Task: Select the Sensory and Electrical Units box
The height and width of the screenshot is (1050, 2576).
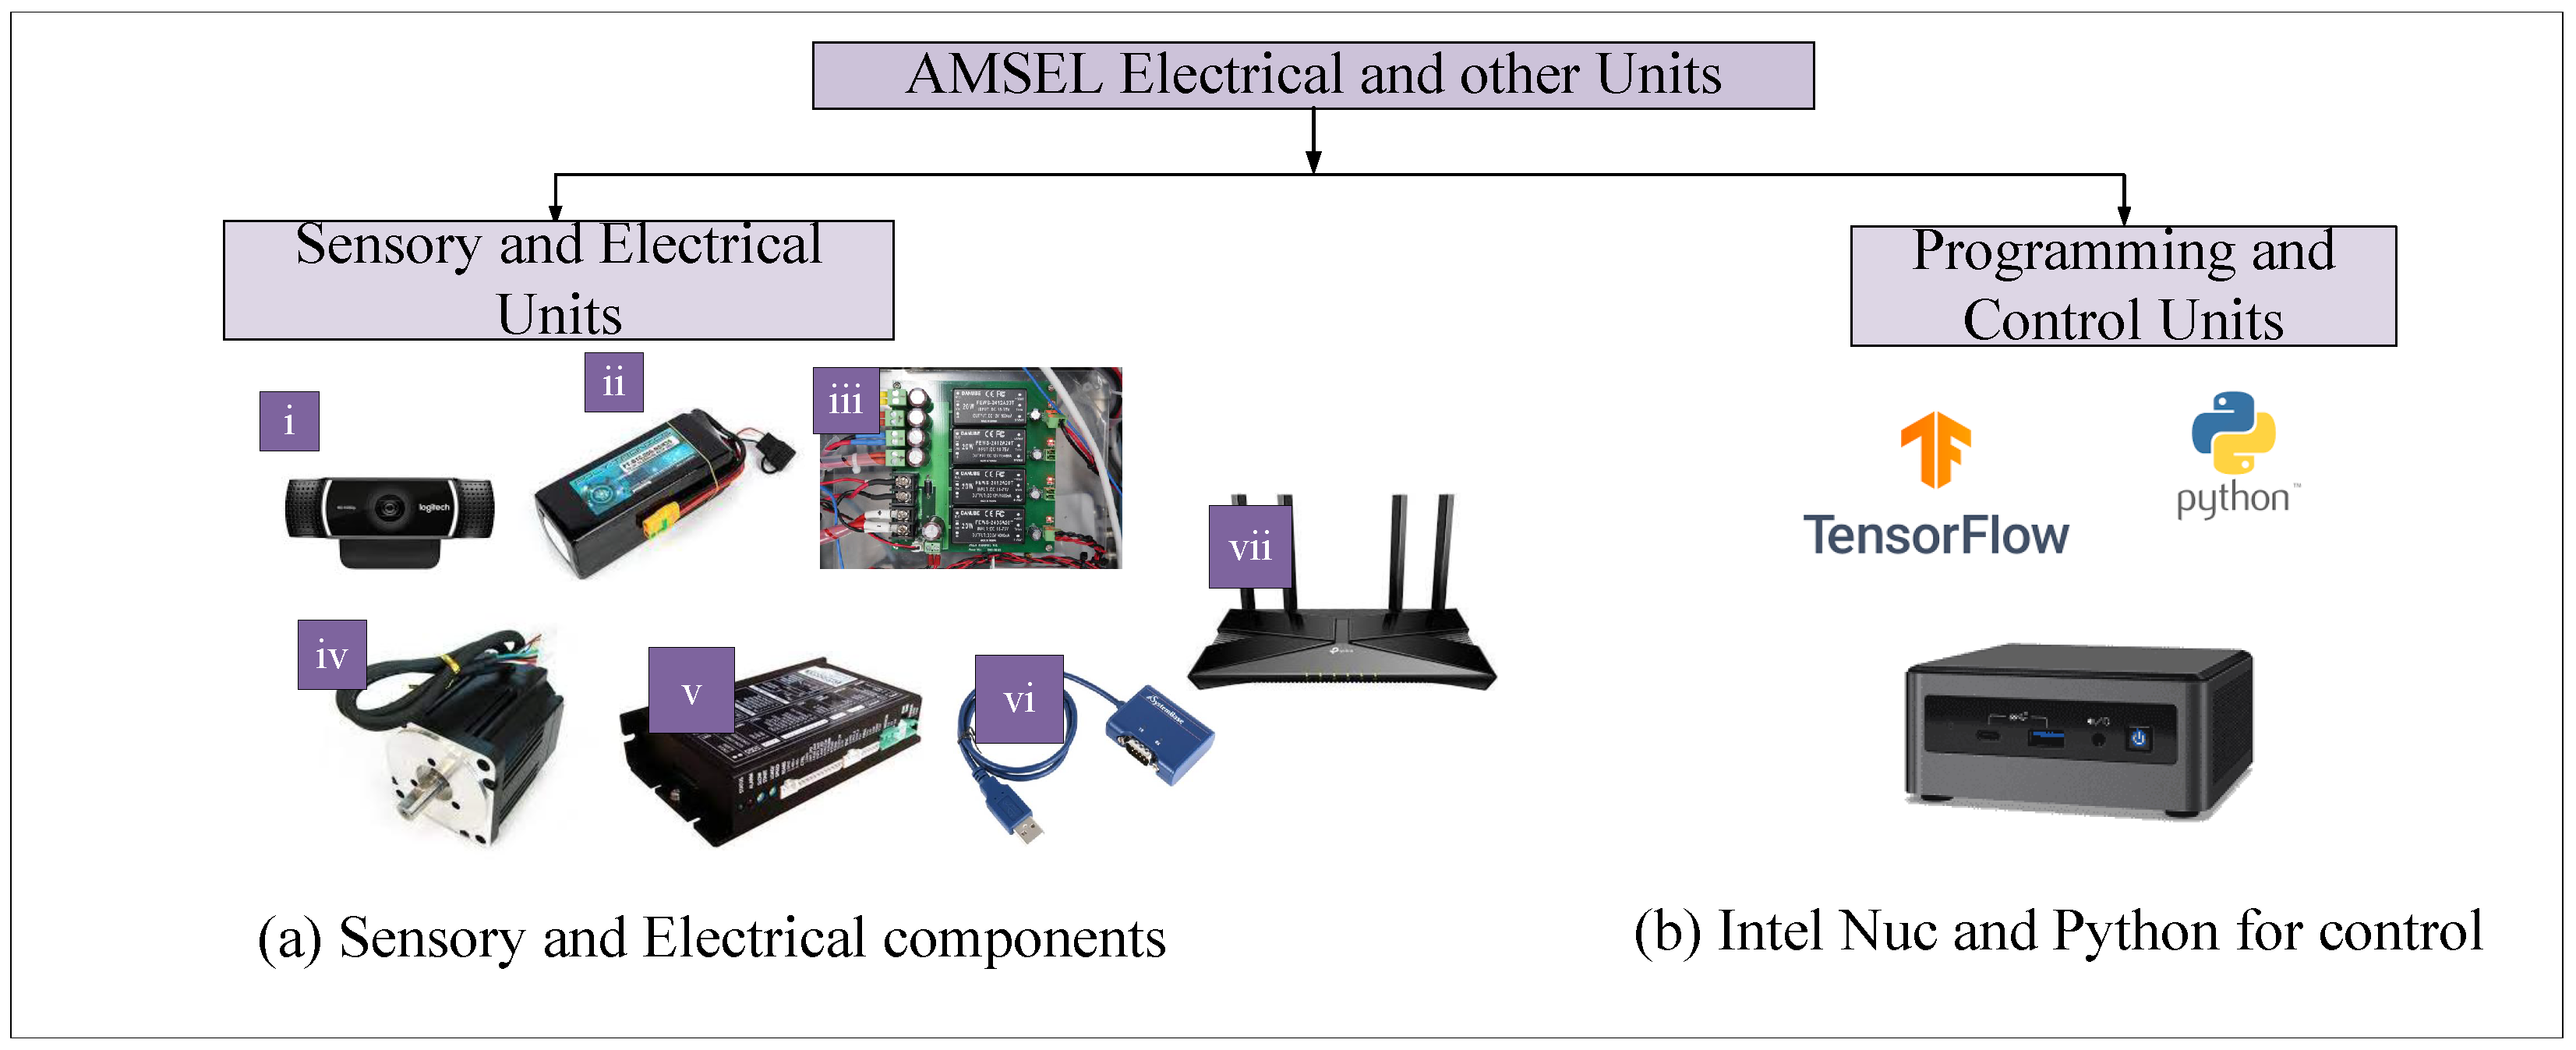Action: pos(558,280)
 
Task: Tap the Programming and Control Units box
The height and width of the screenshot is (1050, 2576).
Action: pos(2122,286)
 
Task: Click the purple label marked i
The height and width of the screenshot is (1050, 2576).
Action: pos(289,421)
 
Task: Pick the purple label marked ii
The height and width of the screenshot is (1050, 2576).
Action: pos(613,382)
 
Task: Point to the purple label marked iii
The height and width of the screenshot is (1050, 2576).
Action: pos(845,400)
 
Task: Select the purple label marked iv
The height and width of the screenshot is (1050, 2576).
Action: pos(331,655)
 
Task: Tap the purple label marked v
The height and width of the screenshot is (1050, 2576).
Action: pos(691,690)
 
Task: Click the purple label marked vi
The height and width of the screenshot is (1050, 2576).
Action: pos(1018,699)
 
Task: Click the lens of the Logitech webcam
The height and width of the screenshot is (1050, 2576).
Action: pos(389,508)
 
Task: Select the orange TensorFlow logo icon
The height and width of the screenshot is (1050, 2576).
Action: pos(1935,449)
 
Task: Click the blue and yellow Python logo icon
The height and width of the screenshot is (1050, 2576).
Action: pos(2232,432)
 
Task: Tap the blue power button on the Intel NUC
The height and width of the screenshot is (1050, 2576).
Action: pos(2138,738)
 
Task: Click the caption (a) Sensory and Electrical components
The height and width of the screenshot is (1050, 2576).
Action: pos(711,938)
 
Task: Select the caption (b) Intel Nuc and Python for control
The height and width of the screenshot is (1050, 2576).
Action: pos(2057,932)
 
